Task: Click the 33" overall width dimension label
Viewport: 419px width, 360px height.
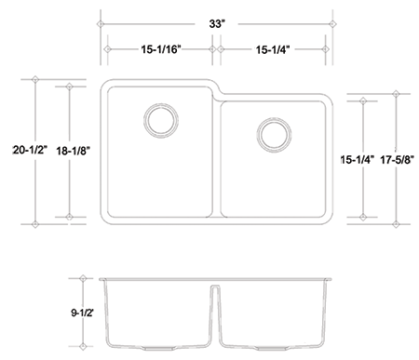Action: pos(217,24)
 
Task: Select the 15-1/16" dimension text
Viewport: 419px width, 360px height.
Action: pos(161,49)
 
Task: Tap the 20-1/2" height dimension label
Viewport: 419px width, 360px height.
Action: pos(30,151)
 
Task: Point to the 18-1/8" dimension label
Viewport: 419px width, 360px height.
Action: pos(74,151)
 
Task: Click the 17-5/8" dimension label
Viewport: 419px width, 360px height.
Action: pos(398,160)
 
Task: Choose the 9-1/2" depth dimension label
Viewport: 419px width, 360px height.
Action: pos(82,313)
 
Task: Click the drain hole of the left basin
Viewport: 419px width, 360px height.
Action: pos(161,120)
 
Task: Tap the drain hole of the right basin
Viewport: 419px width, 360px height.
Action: pos(274,134)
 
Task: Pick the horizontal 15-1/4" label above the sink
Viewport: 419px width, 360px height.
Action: pos(273,49)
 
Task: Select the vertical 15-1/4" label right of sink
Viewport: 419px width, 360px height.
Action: pos(358,160)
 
